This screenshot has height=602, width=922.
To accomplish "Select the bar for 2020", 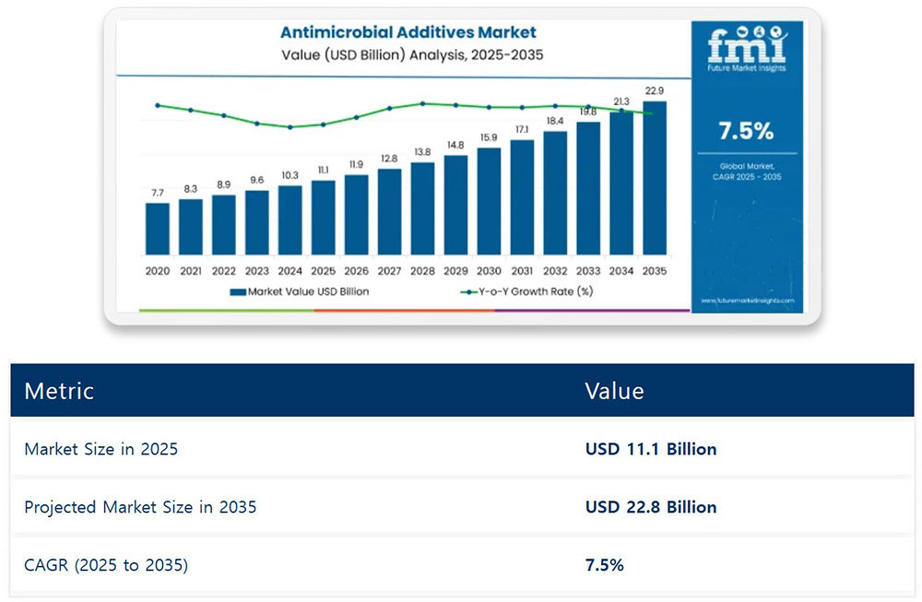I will [158, 229].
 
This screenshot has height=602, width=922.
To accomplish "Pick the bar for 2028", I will [422, 208].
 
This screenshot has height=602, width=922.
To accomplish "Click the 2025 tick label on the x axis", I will [324, 271].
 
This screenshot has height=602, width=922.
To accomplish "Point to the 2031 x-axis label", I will [522, 271].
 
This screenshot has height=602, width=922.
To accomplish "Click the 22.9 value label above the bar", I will [654, 91].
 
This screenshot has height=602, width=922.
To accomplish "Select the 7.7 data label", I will [158, 193].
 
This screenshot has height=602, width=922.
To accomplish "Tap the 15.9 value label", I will [489, 138].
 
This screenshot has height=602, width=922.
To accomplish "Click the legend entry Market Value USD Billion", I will [300, 292].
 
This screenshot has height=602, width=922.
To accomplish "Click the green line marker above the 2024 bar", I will [290, 127].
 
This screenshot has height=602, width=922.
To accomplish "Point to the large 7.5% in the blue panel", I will [746, 131].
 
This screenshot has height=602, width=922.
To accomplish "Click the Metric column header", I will [59, 390].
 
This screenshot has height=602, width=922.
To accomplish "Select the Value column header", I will [614, 390].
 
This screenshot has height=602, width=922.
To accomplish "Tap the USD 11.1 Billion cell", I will [651, 449].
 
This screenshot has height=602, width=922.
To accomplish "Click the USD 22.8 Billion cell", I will [651, 506].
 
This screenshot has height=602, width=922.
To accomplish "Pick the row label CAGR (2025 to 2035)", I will [106, 564].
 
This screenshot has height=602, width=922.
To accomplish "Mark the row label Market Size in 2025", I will [100, 449].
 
